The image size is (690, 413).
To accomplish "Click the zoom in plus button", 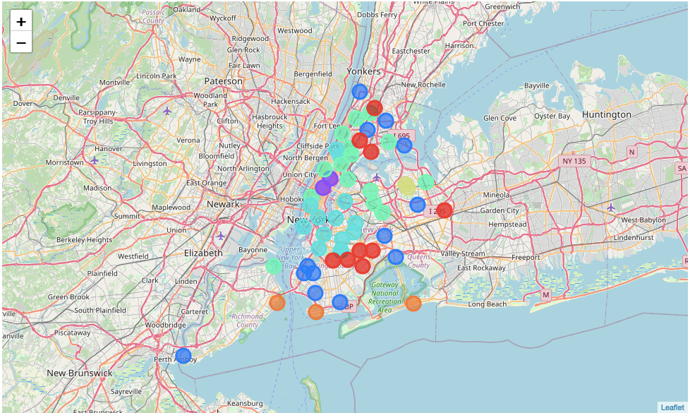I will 21,21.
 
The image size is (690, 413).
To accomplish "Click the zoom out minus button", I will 21,43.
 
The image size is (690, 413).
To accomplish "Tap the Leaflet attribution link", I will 672,407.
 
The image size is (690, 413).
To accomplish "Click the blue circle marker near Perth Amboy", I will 183,355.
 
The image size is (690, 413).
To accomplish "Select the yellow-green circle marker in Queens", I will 406,186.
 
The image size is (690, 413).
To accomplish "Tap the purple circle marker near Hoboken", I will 323,187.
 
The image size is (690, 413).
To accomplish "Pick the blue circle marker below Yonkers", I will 360,92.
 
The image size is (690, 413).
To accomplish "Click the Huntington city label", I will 607,114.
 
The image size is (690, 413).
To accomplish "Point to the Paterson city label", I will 224,81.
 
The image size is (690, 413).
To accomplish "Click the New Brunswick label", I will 80,373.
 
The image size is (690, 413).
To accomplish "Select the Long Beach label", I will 488,304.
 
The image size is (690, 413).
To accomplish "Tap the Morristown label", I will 64,162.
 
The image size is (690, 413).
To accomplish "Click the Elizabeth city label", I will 203,253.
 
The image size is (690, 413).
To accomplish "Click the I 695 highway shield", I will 401,136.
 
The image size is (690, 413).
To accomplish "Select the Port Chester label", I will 483,23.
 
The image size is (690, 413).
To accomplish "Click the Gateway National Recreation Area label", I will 385,297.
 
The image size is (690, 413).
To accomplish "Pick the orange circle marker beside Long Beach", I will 413,304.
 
